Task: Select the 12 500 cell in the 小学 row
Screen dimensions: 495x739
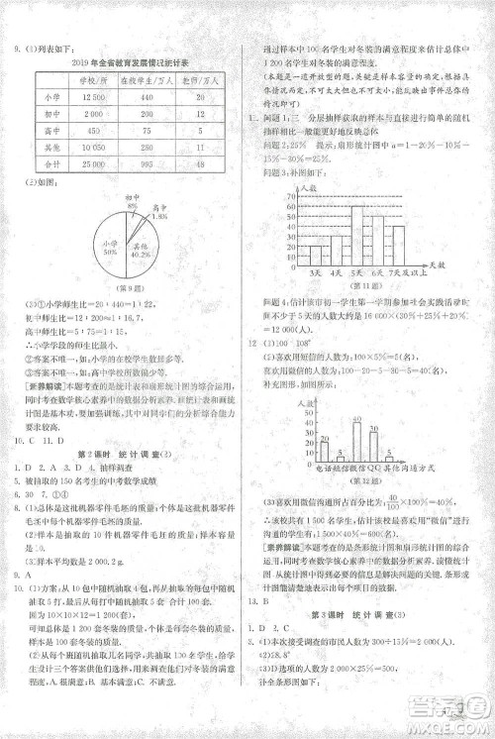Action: pyautogui.click(x=96, y=96)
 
